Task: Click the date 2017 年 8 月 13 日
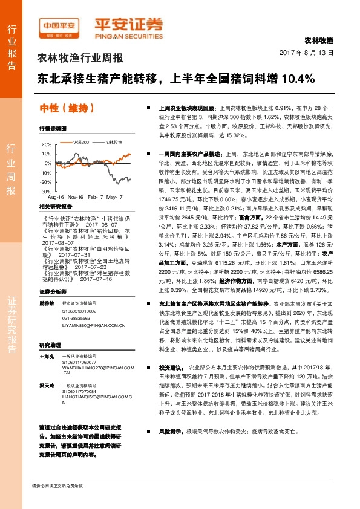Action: click(307, 53)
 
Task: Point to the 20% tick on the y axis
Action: click(46, 145)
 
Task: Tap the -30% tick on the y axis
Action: click(45, 190)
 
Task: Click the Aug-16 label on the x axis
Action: click(56, 198)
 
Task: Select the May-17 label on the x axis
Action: click(115, 198)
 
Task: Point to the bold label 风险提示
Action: click(171, 432)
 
